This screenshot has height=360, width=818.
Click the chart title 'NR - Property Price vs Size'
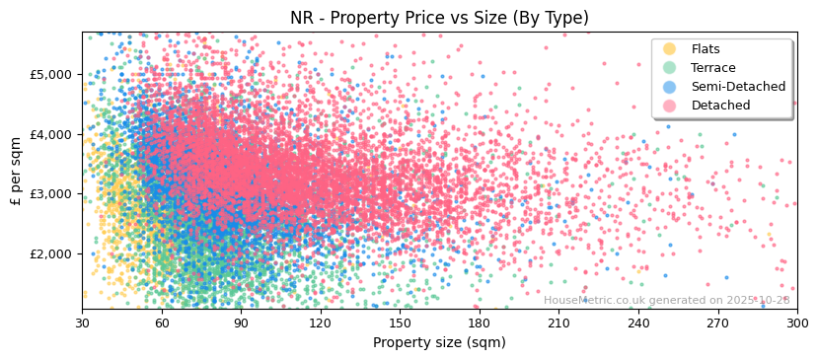[x=439, y=18]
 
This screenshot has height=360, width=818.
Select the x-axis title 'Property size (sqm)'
[x=439, y=342]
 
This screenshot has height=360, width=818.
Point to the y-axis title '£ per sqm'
[x=16, y=171]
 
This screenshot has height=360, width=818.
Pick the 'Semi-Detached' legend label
[x=738, y=87]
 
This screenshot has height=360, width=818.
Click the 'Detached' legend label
[x=720, y=106]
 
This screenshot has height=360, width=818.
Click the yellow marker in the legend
[x=670, y=49]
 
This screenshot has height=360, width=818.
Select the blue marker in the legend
[x=670, y=87]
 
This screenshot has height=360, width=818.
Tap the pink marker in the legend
[x=670, y=106]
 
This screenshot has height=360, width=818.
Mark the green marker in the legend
[x=670, y=68]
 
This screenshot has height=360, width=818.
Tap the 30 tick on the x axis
[x=82, y=323]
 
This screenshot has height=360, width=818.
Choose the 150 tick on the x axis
[x=400, y=323]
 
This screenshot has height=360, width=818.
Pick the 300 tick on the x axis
[x=796, y=323]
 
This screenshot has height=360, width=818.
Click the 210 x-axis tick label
[x=558, y=323]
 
